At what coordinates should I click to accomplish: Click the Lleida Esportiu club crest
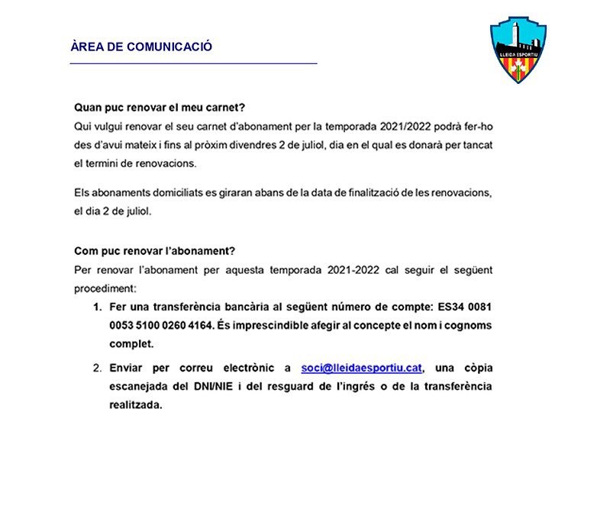pos(518,50)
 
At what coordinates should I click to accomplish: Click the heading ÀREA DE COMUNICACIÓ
pos(141,47)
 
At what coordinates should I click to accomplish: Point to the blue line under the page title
pos(193,64)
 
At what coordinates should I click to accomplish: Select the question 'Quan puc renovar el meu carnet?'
pos(160,108)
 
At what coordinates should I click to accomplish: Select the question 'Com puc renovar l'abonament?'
pos(153,251)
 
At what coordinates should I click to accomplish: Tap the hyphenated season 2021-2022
pos(354,269)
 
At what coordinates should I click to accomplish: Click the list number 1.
pos(97,307)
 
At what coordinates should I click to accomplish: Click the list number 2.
pos(97,368)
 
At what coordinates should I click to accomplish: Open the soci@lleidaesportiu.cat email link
pos(362,368)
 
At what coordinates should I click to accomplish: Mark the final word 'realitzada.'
pos(136,405)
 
